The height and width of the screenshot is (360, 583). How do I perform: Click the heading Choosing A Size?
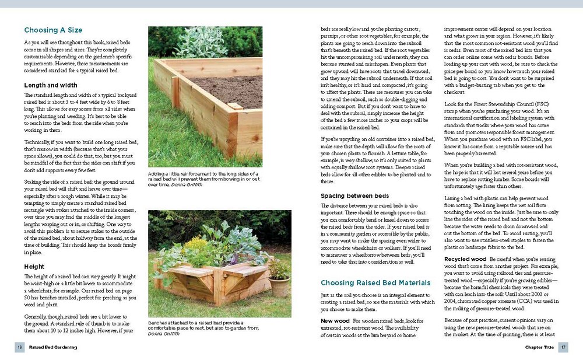[x=53, y=30]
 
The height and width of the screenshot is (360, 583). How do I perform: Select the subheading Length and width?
[x=51, y=85]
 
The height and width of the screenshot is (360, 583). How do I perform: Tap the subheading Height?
[x=34, y=267]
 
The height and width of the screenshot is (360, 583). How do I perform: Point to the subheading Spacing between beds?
[x=355, y=195]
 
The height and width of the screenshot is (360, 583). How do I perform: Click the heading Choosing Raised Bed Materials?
[x=375, y=283]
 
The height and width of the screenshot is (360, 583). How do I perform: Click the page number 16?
[x=20, y=348]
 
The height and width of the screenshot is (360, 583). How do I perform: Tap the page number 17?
[x=563, y=348]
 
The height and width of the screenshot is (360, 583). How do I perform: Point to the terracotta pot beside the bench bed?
[x=279, y=286]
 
